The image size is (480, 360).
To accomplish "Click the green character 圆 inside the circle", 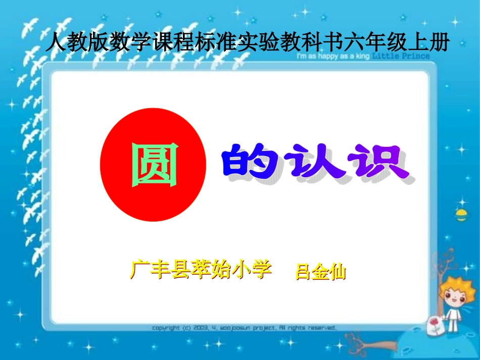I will pyautogui.click(x=155, y=165).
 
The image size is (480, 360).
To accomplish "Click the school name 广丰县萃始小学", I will pyautogui.click(x=201, y=269).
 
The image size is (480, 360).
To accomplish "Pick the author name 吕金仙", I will pyautogui.click(x=320, y=273).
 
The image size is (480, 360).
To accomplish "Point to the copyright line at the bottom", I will pyautogui.click(x=244, y=328).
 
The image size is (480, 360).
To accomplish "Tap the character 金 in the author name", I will pyautogui.click(x=320, y=273).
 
